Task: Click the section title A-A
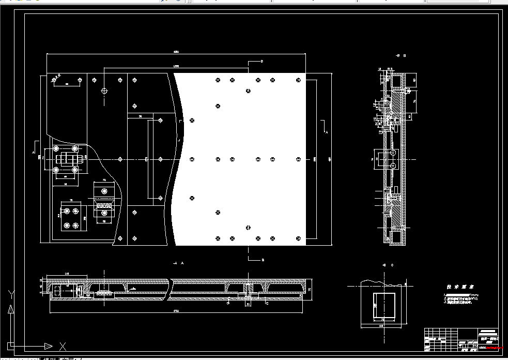[x=179, y=263]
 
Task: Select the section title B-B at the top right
[x=401, y=55]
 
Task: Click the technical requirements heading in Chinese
[x=460, y=287]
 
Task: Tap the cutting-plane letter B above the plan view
[x=262, y=62]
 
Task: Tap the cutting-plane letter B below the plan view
[x=263, y=260]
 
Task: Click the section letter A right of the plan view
[x=326, y=132]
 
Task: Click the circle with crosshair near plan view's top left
[x=104, y=91]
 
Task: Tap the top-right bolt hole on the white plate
[x=298, y=80]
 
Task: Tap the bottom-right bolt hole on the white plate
[x=298, y=238]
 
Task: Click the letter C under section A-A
[x=267, y=304]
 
